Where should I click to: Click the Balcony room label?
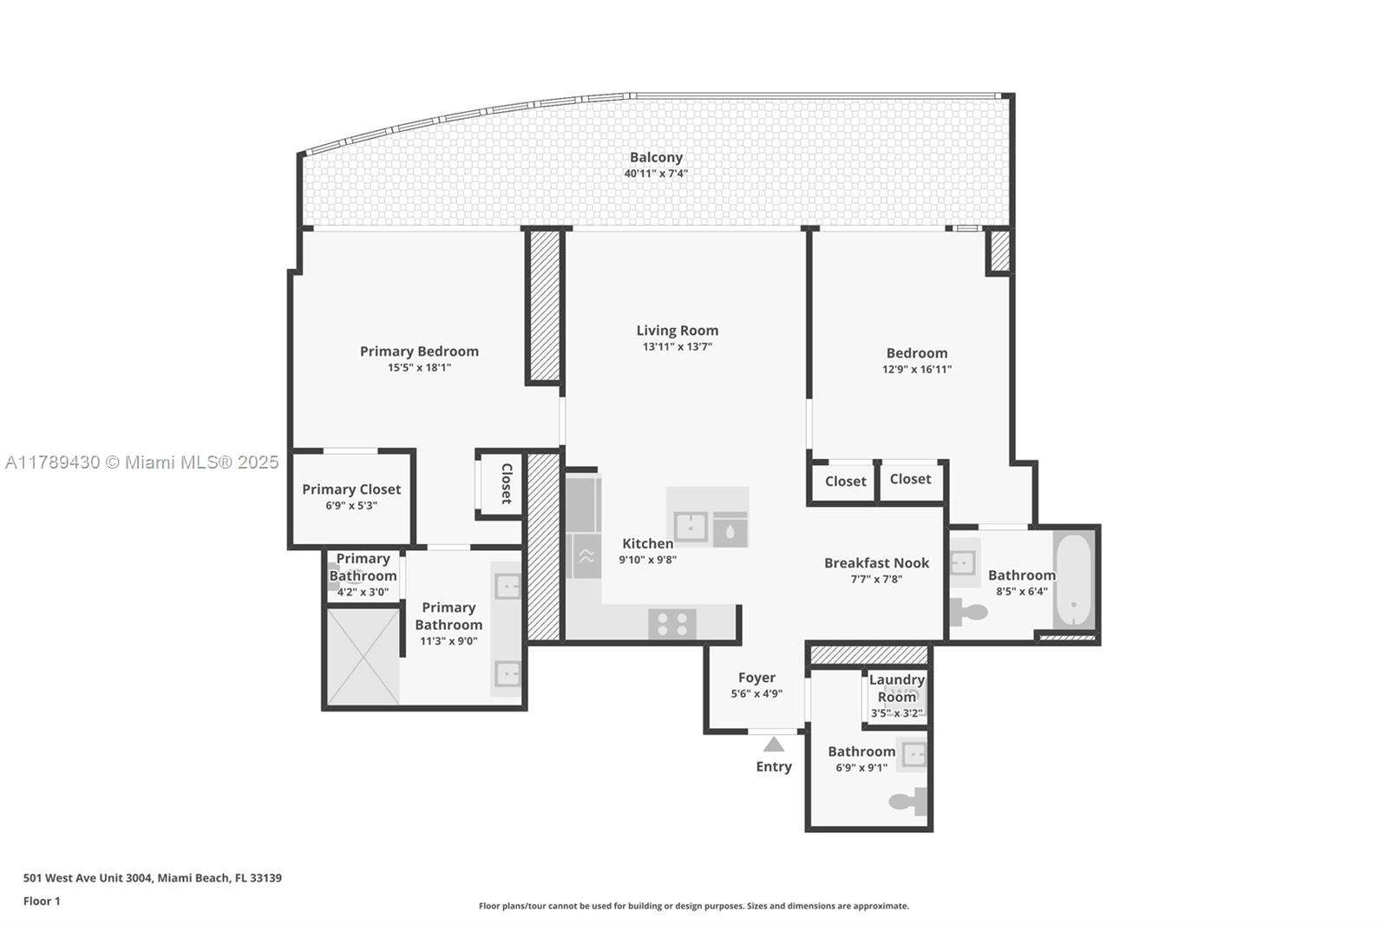656,157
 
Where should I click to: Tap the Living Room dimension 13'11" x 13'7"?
677,347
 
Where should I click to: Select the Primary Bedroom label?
419,351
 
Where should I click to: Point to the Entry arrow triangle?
774,745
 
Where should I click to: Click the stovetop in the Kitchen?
671,624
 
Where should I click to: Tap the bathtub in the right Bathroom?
1074,579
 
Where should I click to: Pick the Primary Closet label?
351,489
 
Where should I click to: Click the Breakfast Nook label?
876,563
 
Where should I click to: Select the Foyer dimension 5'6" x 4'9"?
756,694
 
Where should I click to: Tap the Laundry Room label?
897,688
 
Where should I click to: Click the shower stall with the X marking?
363,657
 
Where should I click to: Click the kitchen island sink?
691,527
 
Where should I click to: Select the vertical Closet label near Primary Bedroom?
507,483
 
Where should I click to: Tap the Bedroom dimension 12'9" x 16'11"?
917,370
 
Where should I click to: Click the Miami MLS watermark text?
142,462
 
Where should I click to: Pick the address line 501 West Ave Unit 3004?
152,877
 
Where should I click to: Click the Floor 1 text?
42,901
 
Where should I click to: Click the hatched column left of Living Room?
545,305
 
